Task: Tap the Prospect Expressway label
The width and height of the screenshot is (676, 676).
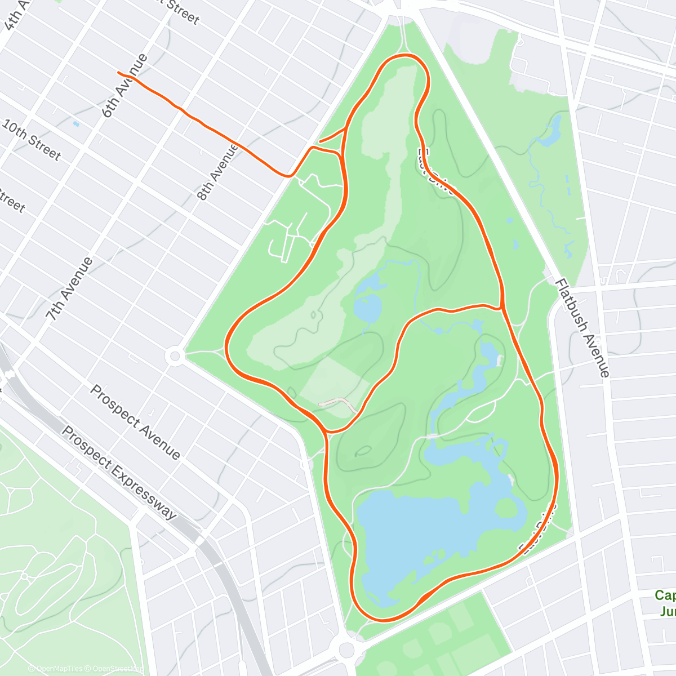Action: pos(118,473)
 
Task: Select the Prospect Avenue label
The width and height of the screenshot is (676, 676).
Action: pos(136,422)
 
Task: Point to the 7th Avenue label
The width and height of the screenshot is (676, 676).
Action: pos(70,290)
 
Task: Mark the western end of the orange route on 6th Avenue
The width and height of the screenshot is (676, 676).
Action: pos(118,73)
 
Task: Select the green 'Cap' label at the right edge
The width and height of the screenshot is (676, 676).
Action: pos(665,595)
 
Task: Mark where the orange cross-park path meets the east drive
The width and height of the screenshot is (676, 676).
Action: pos(501,308)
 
